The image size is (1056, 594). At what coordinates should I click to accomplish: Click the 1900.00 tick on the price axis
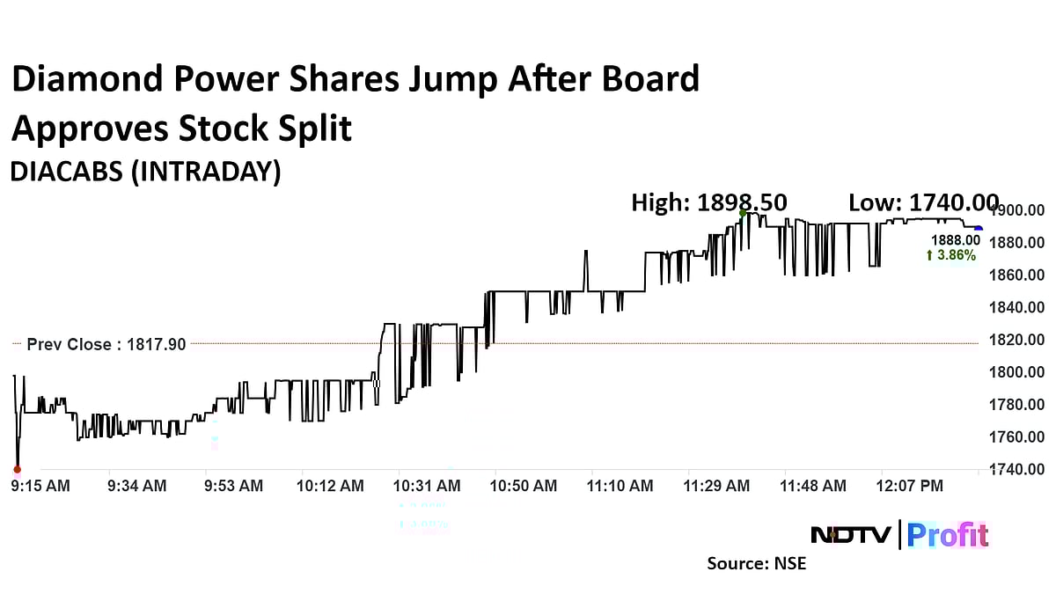(1019, 210)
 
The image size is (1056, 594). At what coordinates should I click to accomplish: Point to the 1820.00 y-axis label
(1019, 340)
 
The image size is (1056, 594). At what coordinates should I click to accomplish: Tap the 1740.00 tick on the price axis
(1019, 469)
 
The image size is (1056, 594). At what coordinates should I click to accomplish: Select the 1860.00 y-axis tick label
(1019, 275)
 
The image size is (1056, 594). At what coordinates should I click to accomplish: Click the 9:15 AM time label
(40, 486)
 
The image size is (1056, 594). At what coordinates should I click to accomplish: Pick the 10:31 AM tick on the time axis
(427, 486)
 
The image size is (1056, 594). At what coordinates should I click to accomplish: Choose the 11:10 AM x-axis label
(620, 486)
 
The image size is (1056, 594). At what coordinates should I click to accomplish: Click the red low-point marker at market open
(17, 469)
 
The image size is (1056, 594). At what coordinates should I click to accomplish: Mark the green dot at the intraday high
(743, 213)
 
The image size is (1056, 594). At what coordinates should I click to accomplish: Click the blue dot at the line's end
(979, 229)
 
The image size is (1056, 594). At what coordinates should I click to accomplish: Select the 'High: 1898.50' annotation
(709, 203)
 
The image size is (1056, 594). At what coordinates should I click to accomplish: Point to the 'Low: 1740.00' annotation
(922, 203)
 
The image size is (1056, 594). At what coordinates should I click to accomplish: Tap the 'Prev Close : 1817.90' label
(106, 345)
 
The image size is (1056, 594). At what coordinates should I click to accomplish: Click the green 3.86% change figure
(951, 255)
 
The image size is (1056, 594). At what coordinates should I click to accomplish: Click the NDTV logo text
(851, 534)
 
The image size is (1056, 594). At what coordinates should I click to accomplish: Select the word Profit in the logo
(948, 534)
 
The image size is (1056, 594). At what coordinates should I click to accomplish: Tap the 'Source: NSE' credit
(756, 563)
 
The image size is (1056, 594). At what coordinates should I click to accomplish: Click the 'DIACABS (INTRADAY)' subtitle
(145, 172)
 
